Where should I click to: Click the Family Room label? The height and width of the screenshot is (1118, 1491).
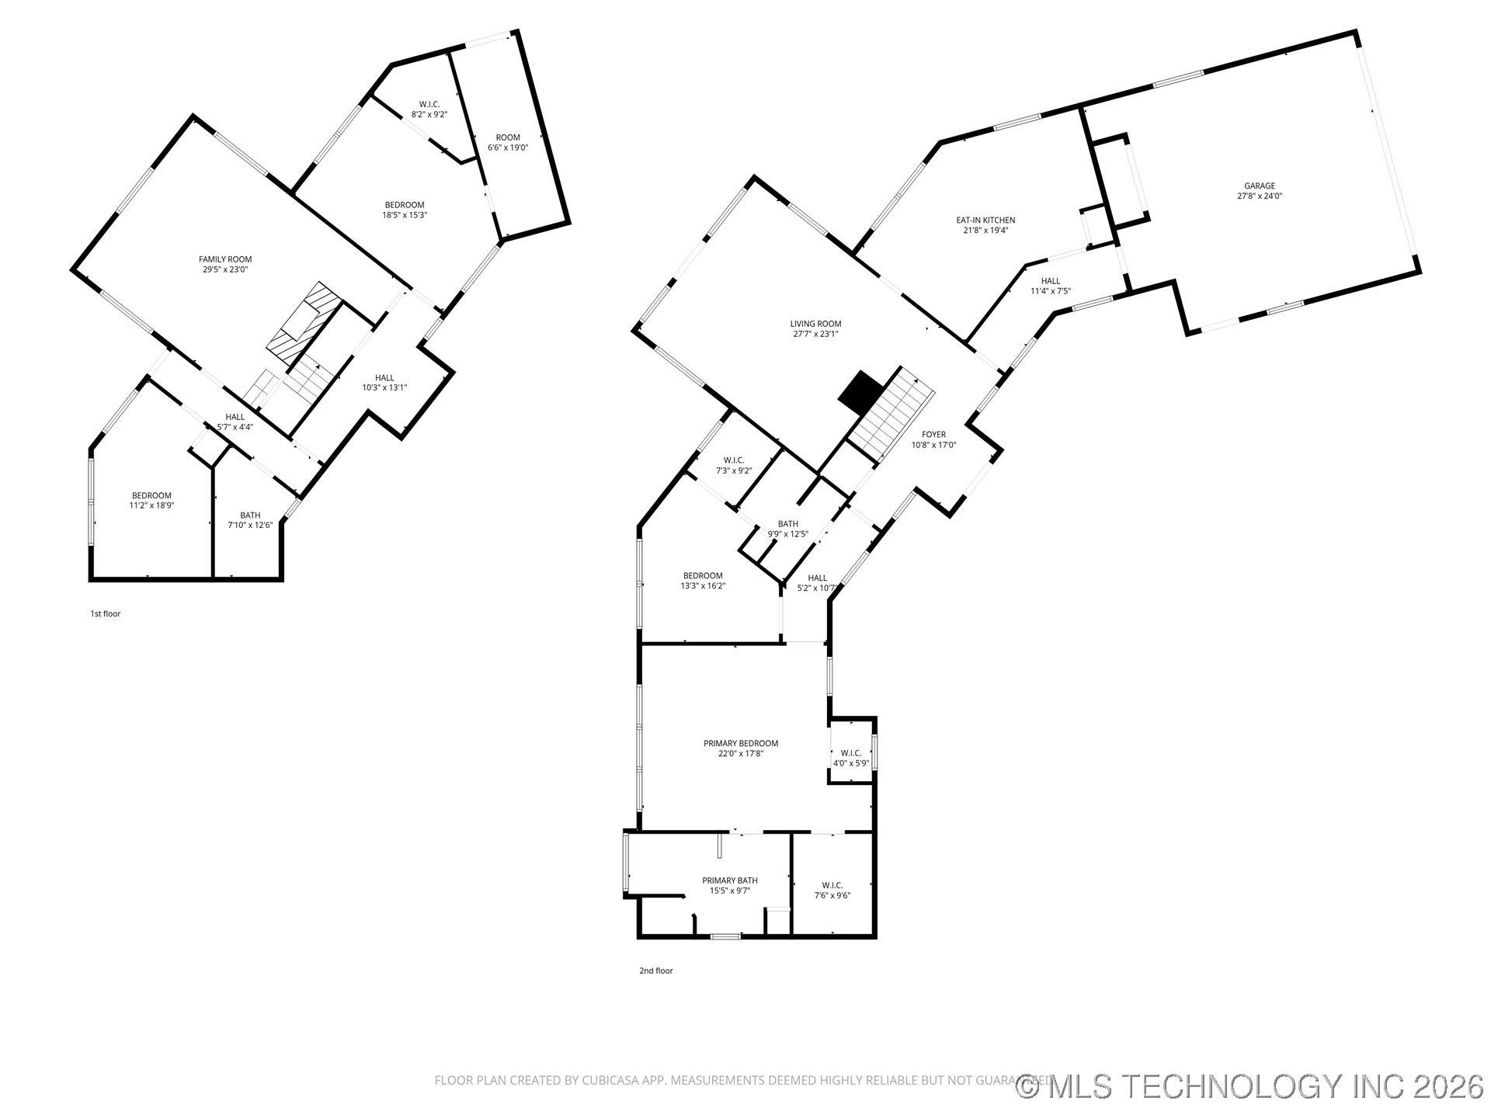point(225,260)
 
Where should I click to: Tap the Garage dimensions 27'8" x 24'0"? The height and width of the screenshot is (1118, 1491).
point(1260,196)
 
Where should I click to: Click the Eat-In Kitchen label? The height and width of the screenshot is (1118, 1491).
point(985,220)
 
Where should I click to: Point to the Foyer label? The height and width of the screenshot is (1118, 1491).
point(933,435)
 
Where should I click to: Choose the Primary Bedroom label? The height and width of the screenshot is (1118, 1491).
point(741,743)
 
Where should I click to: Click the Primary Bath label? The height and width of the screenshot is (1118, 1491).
point(730,880)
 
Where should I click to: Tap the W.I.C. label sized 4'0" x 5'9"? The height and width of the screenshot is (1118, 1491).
point(850,753)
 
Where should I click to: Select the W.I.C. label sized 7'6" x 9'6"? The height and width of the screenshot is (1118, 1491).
point(832,885)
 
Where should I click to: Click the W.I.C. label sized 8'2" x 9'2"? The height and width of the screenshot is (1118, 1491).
point(429,104)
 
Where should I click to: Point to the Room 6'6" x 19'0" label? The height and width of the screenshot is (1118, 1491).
point(508,137)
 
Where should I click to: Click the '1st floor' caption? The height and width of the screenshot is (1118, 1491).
point(106,614)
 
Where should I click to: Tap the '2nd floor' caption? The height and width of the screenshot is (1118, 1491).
point(656,970)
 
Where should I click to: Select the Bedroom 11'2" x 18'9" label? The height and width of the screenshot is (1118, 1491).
point(151,495)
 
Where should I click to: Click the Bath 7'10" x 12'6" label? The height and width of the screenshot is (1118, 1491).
point(250,515)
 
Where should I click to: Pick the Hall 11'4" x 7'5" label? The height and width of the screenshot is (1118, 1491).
point(1051,281)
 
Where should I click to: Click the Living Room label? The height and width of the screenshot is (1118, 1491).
point(815,324)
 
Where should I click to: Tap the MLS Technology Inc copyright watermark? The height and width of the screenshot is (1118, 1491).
point(1250,1086)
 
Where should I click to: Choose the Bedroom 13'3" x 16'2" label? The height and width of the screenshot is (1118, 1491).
point(703,576)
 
